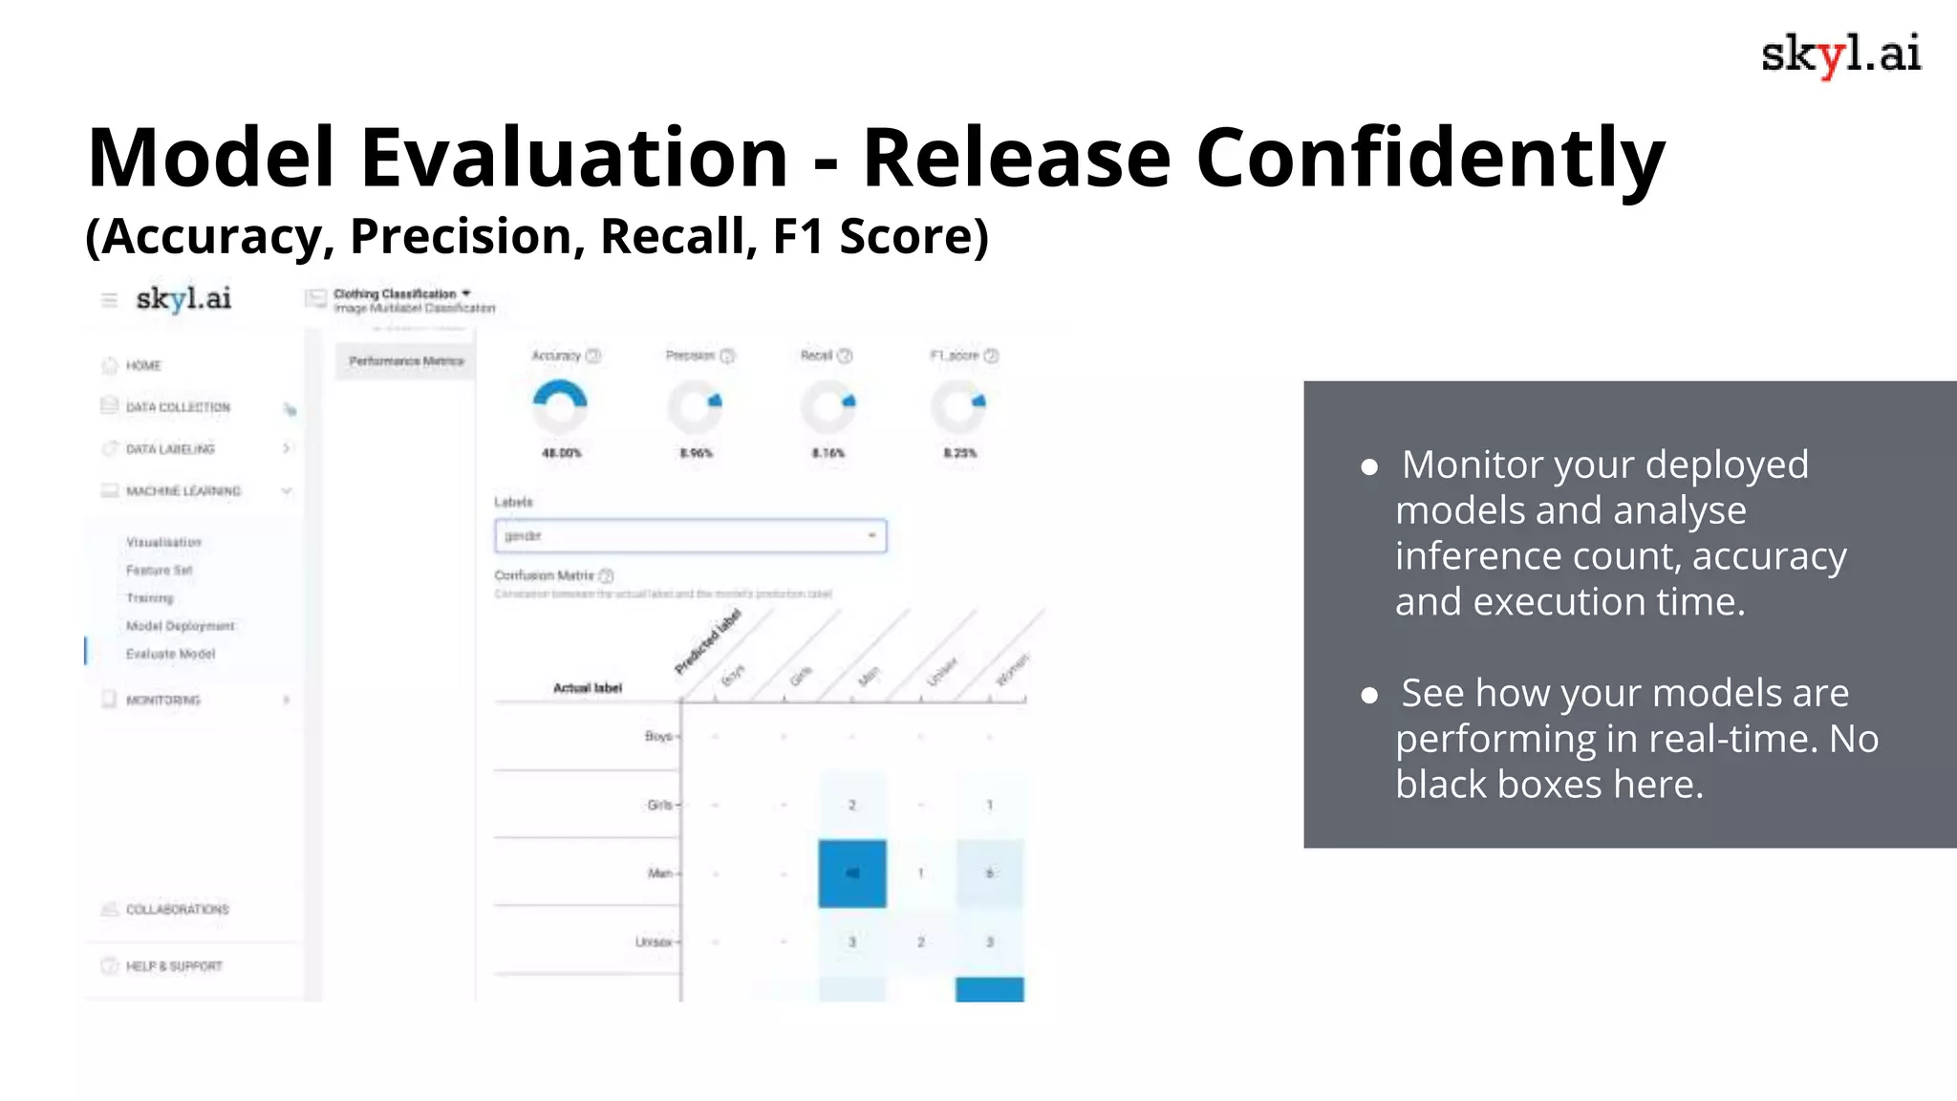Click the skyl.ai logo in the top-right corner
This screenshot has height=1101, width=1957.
click(x=1840, y=54)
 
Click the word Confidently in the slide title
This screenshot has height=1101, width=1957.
click(x=1430, y=158)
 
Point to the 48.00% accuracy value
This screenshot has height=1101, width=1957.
click(x=562, y=453)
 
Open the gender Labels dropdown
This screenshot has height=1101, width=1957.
click(x=690, y=536)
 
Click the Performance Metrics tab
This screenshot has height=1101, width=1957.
click(x=406, y=361)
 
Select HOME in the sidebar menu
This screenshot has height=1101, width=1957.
click(x=143, y=366)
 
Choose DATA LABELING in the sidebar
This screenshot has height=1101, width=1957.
click(x=170, y=449)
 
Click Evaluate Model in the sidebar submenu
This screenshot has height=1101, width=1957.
click(x=170, y=654)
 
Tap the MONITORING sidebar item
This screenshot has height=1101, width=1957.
click(x=163, y=701)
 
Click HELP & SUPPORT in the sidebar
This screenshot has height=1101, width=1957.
click(x=174, y=966)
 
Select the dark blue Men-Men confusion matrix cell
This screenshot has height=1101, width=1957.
click(x=852, y=874)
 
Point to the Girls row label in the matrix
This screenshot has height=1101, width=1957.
click(x=659, y=805)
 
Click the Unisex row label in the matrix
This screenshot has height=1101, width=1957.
click(x=654, y=942)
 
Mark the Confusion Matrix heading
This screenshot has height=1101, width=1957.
click(x=544, y=575)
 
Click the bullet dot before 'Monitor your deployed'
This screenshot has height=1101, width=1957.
click(x=1369, y=467)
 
